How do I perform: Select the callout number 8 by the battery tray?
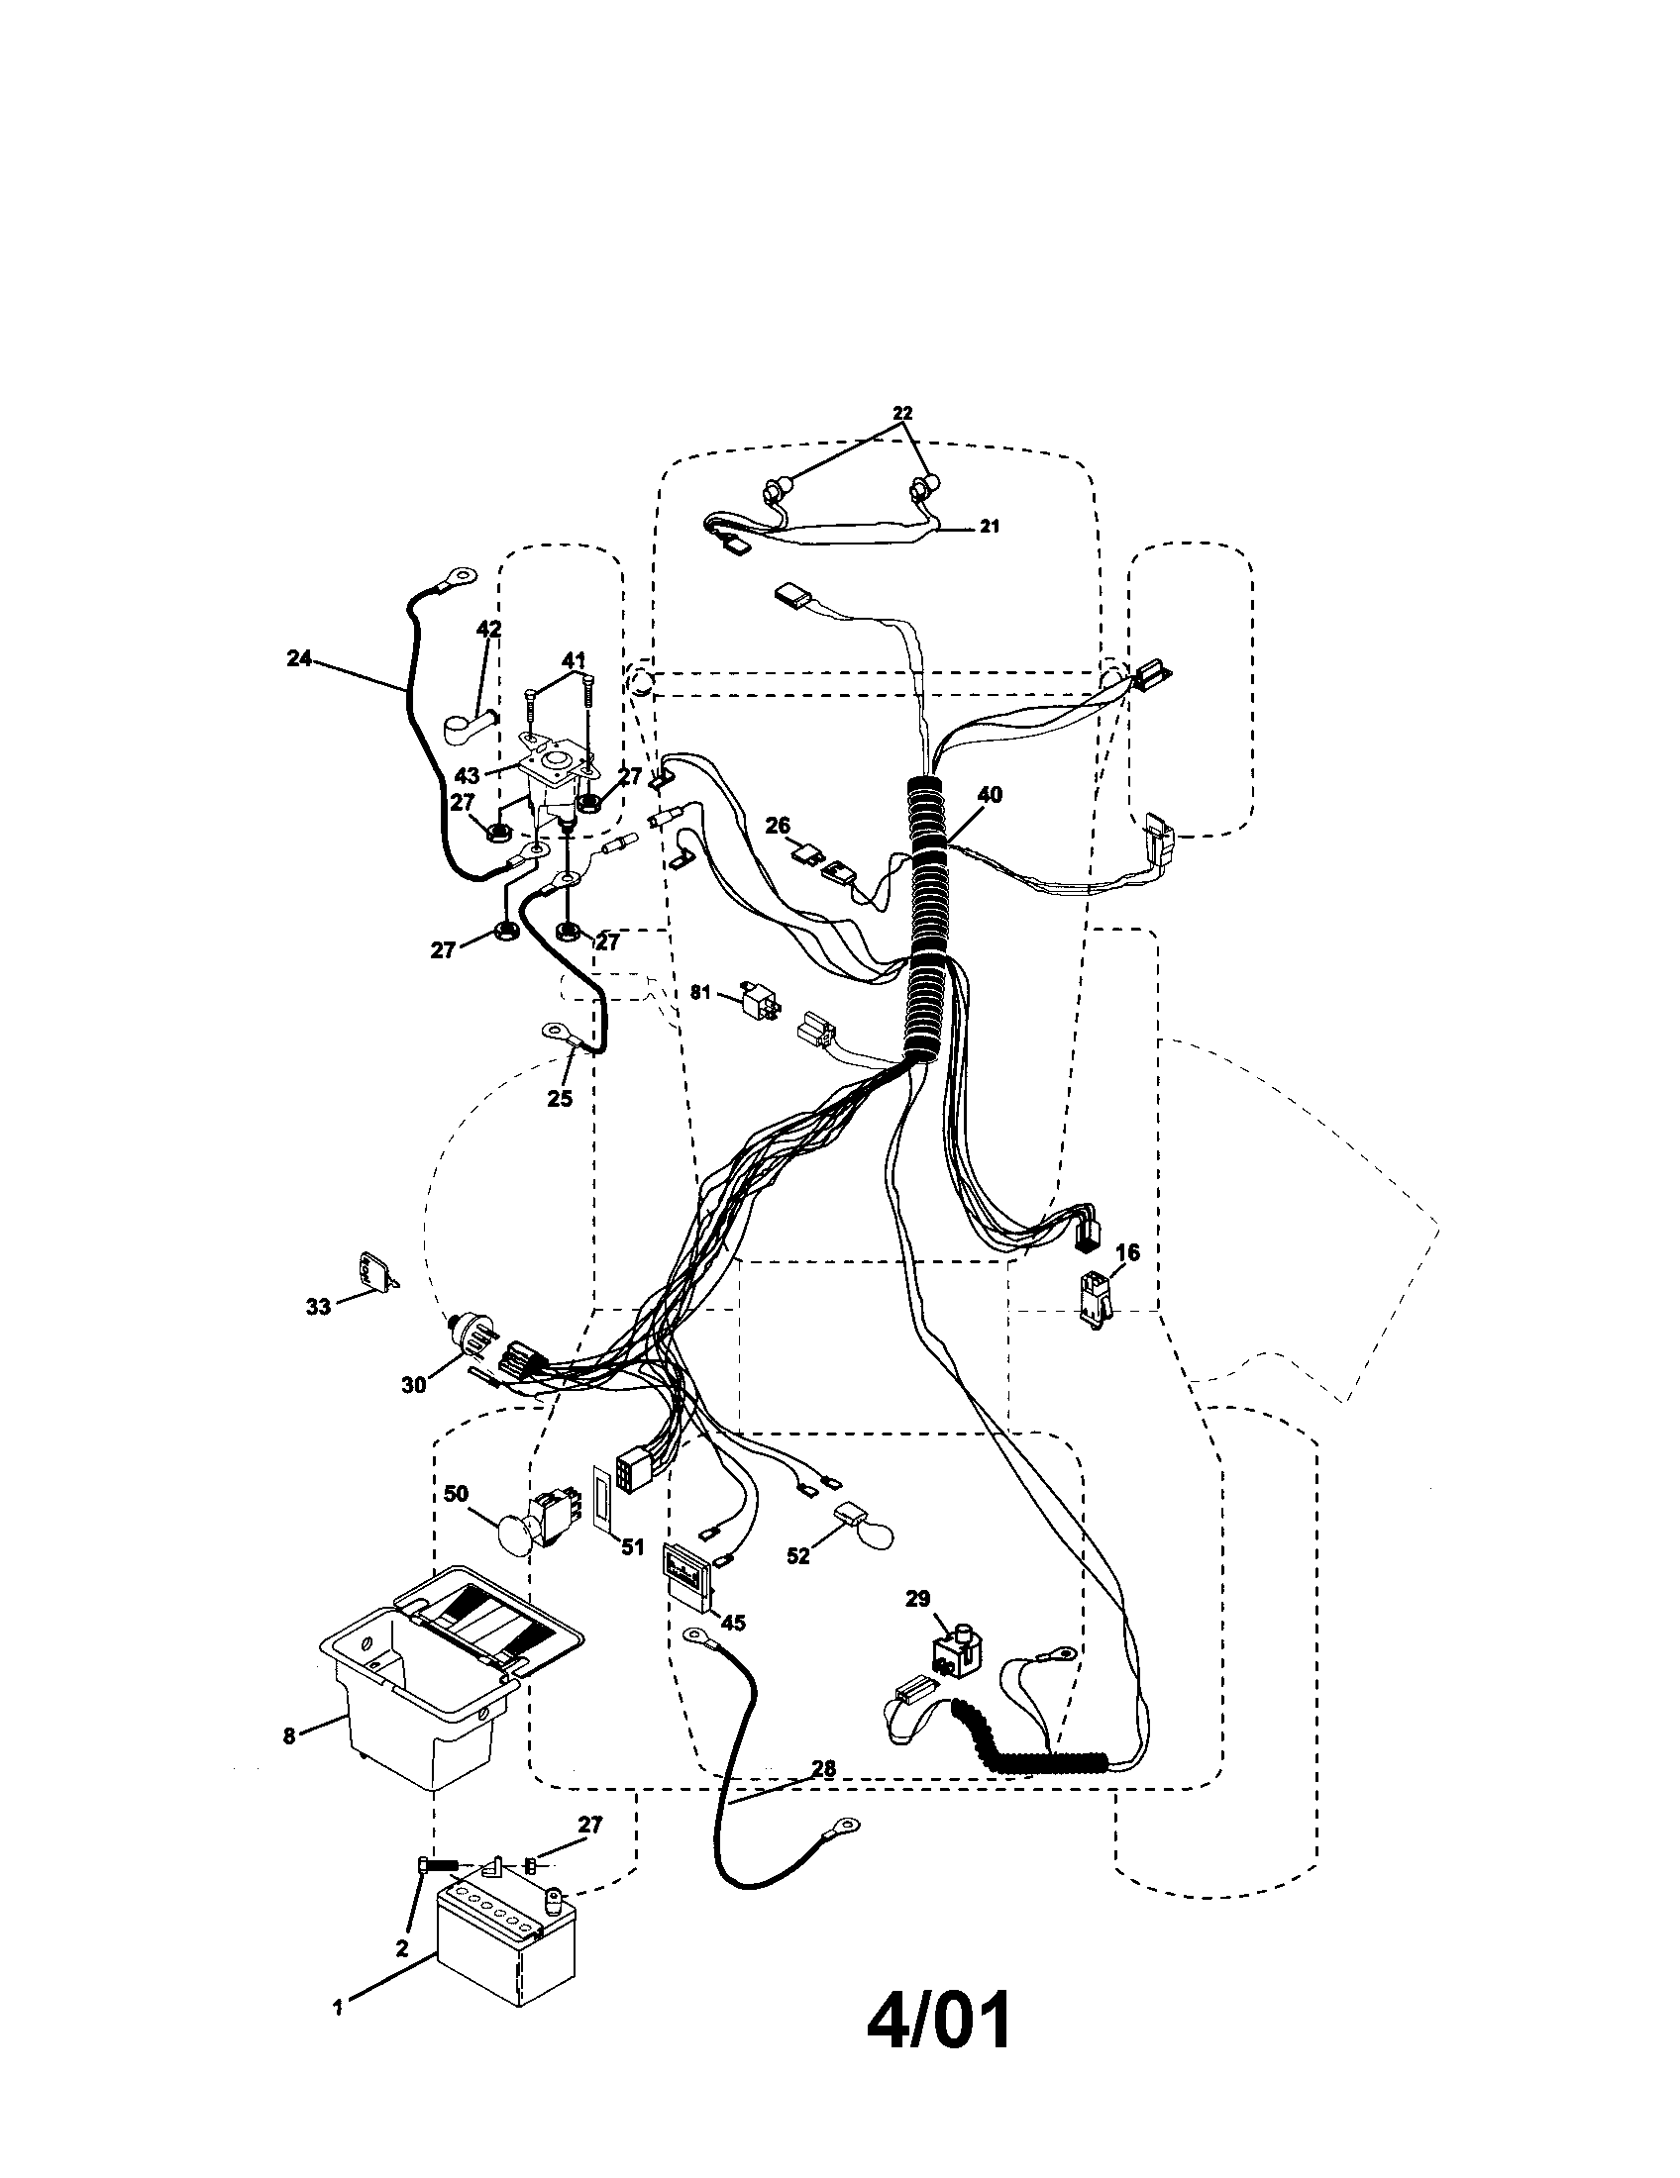289,1735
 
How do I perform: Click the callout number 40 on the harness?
990,795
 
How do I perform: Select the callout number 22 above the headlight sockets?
901,413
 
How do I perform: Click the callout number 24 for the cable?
298,658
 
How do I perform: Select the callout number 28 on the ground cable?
822,1768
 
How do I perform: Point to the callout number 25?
560,1098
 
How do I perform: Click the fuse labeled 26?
807,852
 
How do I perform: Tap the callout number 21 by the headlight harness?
988,527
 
